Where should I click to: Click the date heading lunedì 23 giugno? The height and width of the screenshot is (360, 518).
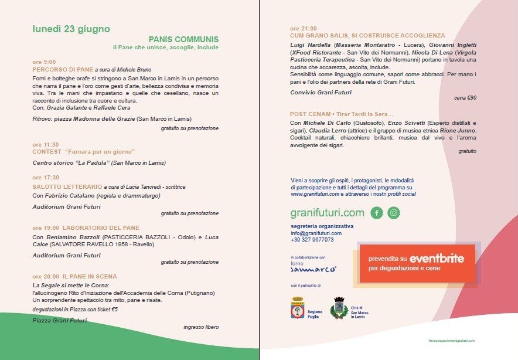tap(71, 29)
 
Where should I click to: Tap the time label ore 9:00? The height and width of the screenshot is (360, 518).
tap(45, 62)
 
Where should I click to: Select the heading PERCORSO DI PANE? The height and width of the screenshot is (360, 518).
tap(62, 69)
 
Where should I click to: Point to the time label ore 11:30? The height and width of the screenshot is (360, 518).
tap(46, 144)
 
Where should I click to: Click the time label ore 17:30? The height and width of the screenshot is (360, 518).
tap(46, 177)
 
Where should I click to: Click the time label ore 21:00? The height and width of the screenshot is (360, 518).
tap(304, 28)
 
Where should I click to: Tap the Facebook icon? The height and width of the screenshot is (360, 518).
tap(377, 213)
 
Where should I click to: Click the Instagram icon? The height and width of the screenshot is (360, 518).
tap(394, 213)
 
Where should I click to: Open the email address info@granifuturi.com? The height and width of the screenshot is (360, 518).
tap(316, 233)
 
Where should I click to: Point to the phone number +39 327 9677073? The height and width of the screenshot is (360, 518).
tap(312, 240)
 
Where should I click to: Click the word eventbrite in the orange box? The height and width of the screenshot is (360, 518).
tap(437, 258)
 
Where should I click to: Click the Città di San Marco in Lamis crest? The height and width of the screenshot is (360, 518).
tap(338, 308)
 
